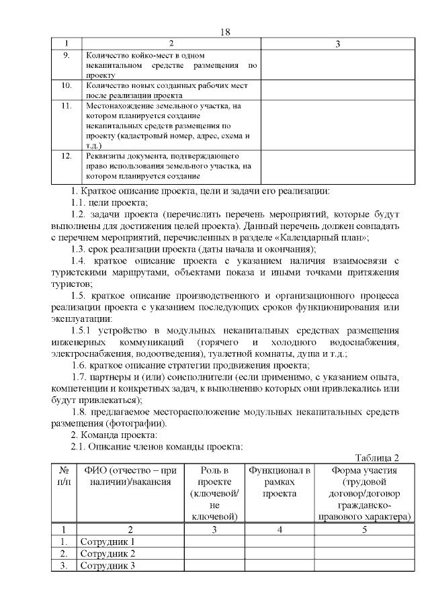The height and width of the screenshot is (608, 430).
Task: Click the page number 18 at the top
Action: click(x=225, y=33)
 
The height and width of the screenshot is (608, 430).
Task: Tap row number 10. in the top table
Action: click(x=67, y=86)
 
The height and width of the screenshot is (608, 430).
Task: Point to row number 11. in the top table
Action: click(x=67, y=106)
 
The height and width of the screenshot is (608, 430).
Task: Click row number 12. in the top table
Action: click(x=67, y=156)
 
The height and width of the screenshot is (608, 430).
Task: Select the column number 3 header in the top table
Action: click(x=337, y=44)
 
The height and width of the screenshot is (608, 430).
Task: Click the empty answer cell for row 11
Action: click(x=337, y=126)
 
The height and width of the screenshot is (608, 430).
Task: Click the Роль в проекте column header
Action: click(x=214, y=492)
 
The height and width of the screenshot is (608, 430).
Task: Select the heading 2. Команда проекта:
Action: click(x=114, y=435)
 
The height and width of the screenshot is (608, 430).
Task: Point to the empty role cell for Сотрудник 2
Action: click(x=214, y=554)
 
